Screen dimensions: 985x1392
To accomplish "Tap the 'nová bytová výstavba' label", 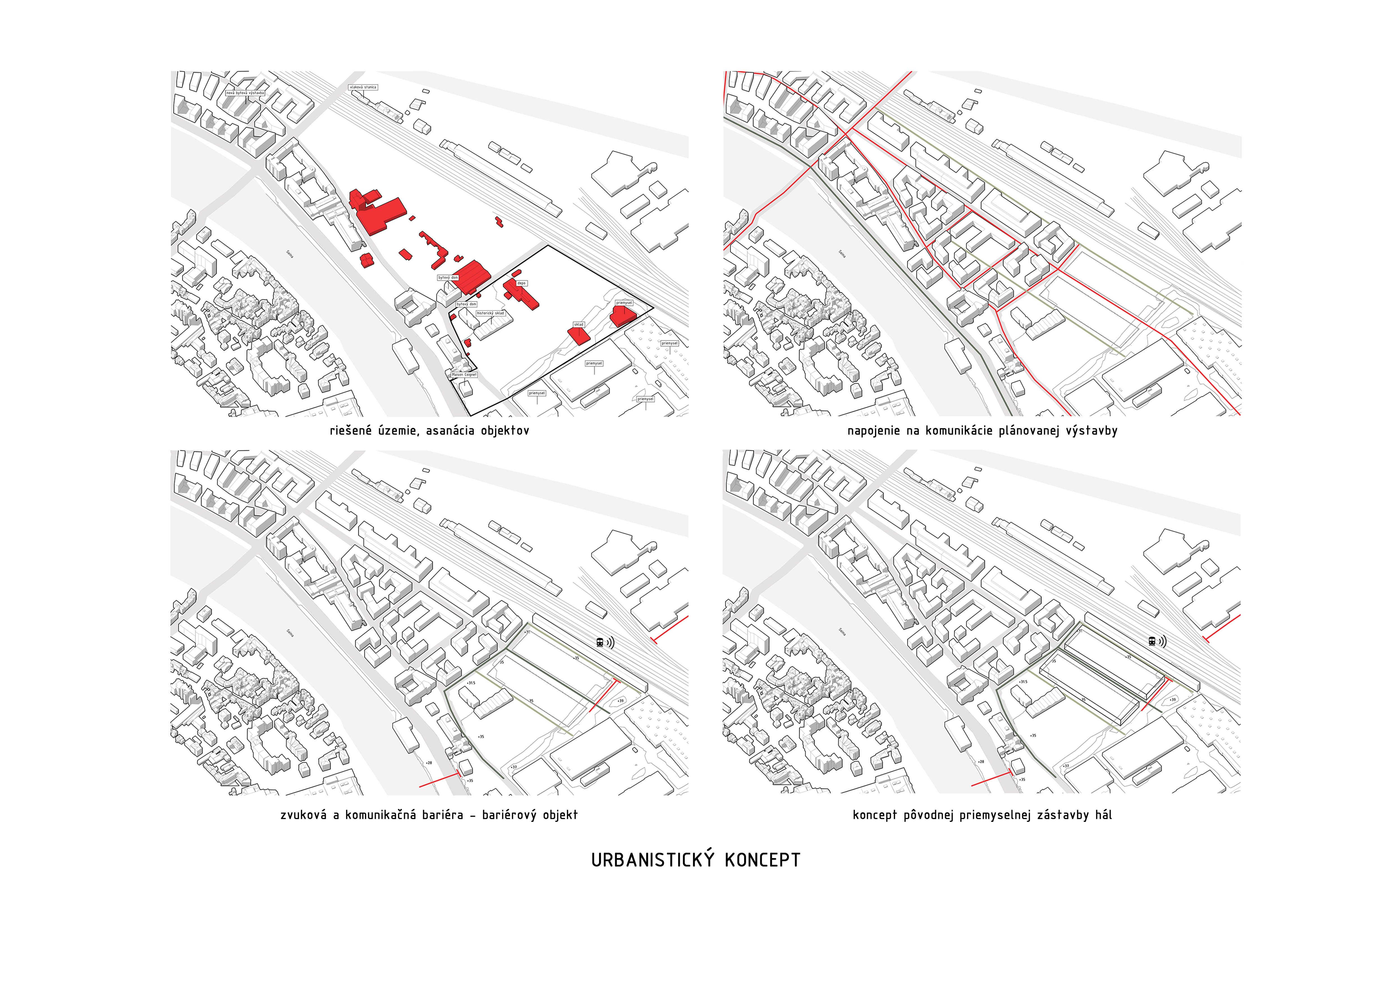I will (245, 93).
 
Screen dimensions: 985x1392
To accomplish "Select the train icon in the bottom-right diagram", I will (1152, 641).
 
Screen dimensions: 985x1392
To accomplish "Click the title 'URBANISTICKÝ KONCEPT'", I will (695, 860).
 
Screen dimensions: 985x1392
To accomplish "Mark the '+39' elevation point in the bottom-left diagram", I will (620, 701).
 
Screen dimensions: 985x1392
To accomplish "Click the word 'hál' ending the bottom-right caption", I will (1103, 815).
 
